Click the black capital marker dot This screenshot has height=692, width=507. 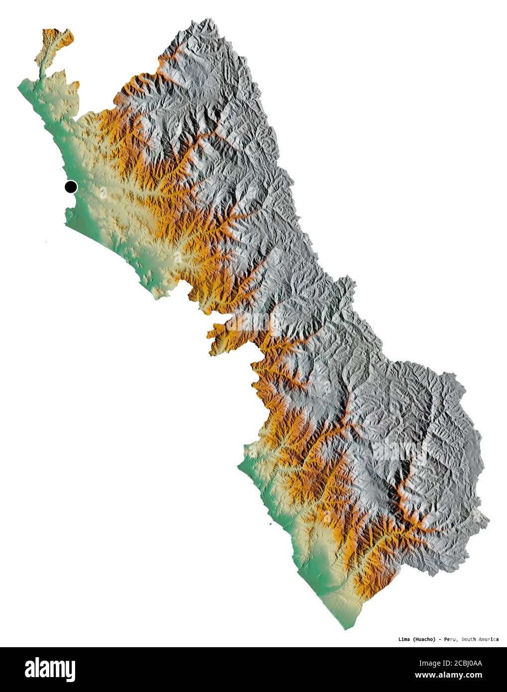(71, 187)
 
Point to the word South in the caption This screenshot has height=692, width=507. (470, 639)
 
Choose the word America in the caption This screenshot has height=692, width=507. (490, 639)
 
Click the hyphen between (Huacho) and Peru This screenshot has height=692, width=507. (440, 639)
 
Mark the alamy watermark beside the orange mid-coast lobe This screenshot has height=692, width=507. (254, 324)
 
